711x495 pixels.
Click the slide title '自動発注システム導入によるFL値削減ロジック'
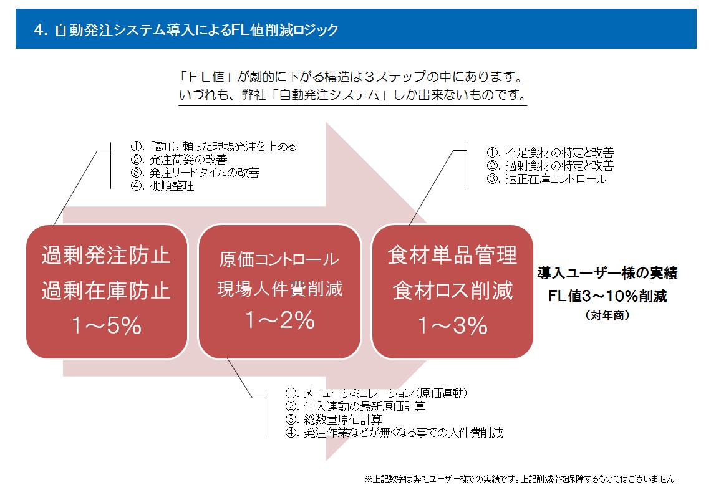(x=186, y=30)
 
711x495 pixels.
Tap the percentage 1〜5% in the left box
(x=107, y=325)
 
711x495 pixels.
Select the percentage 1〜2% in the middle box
(x=280, y=320)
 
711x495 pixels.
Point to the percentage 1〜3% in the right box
(x=453, y=325)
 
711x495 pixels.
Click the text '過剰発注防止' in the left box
(x=106, y=255)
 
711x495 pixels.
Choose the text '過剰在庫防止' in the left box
(x=106, y=291)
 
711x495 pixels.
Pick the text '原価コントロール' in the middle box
(x=279, y=259)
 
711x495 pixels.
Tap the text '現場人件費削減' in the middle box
(x=280, y=289)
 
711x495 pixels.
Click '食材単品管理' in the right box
(x=452, y=255)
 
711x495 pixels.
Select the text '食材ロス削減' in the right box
(x=453, y=291)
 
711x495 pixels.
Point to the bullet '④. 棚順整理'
(x=162, y=186)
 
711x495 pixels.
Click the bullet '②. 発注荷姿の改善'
(x=179, y=160)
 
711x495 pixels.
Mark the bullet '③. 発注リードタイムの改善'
(x=195, y=173)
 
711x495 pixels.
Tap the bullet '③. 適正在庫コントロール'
(x=546, y=179)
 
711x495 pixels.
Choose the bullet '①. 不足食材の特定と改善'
(x=551, y=152)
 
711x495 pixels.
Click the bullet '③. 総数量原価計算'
(x=334, y=420)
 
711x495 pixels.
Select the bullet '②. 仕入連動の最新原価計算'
(x=356, y=406)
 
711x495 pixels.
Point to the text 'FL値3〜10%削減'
(x=607, y=296)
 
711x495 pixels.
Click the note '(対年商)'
(x=607, y=315)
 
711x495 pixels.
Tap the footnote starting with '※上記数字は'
(x=520, y=479)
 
